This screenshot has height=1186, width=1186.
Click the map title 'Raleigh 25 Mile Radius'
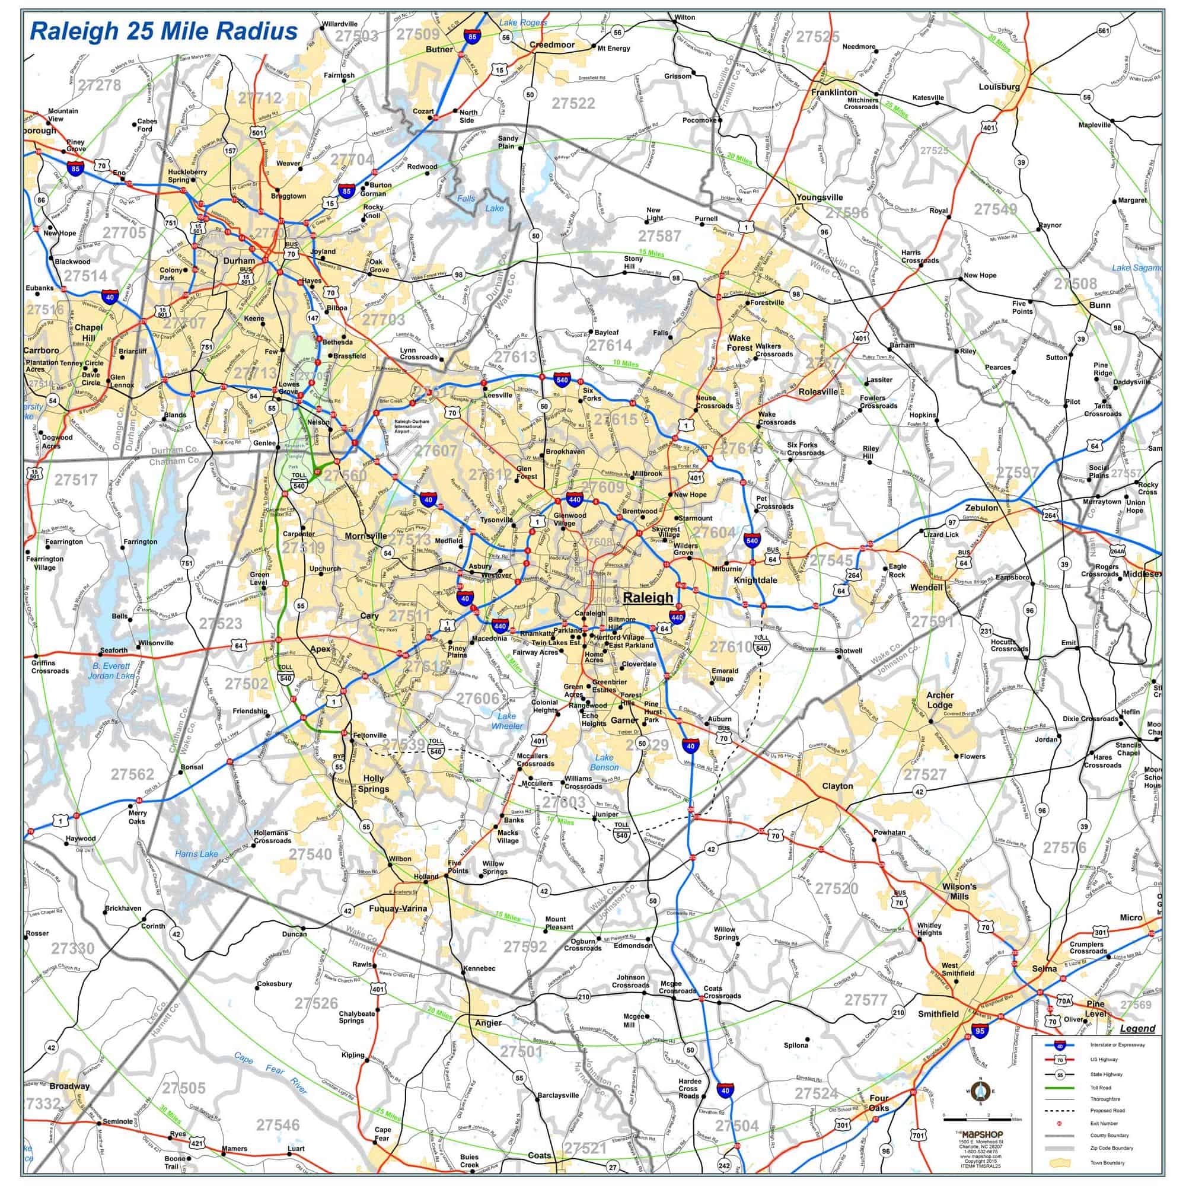[x=164, y=31]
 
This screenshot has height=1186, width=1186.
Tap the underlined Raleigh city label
[x=648, y=597]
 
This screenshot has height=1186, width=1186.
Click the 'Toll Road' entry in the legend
[x=1101, y=1087]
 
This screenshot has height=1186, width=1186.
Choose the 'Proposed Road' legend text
[x=1107, y=1111]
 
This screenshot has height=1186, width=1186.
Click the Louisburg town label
[x=999, y=87]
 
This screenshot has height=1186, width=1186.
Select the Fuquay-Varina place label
[x=398, y=908]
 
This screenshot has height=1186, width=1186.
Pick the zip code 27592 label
[x=525, y=946]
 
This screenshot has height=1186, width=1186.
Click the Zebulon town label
[x=981, y=508]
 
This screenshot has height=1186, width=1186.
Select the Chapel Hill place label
[x=88, y=333]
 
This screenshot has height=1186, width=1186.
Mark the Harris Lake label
[x=196, y=853]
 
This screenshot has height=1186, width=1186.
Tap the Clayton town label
[x=837, y=786]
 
